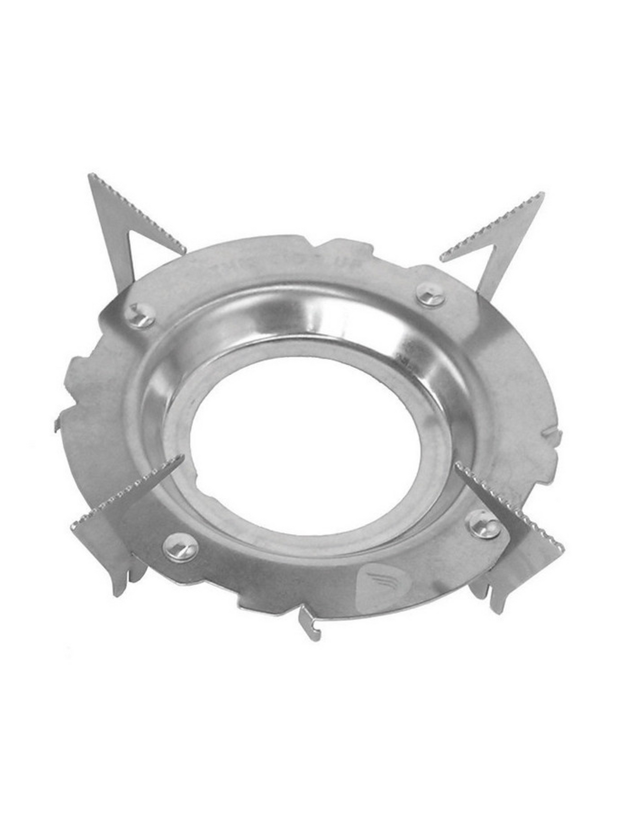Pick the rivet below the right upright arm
(430, 295)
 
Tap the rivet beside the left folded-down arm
(181, 547)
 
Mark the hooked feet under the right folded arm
(490, 593)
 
